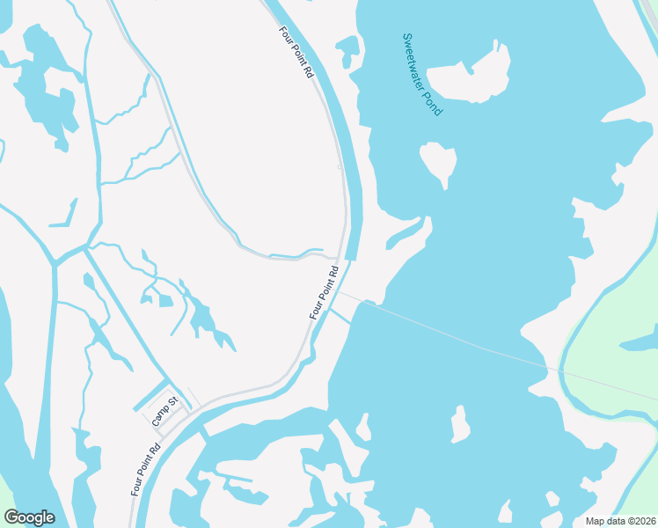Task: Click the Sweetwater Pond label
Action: [421, 75]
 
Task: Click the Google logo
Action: [29, 517]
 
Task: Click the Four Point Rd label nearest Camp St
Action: [146, 468]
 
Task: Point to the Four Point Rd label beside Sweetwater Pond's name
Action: [296, 52]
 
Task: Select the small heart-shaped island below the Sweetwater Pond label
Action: [438, 162]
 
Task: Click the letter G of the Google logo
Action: [11, 517]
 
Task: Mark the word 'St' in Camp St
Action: [172, 402]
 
